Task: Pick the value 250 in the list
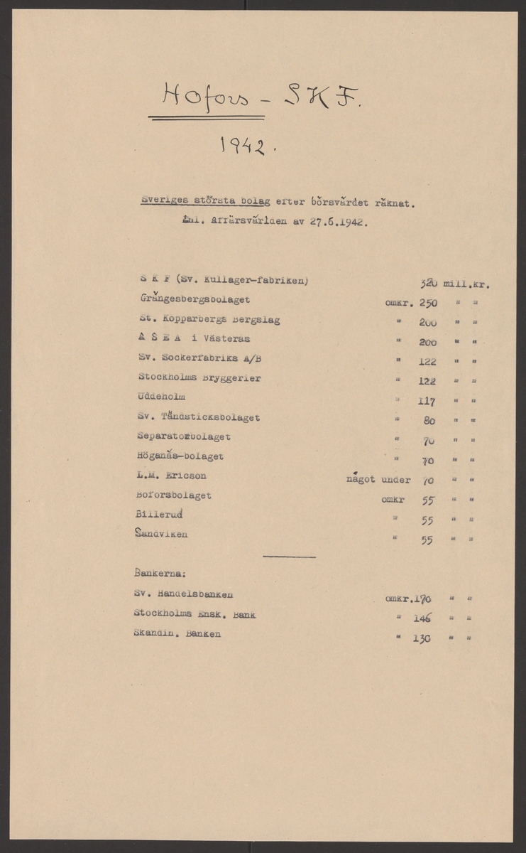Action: (428, 302)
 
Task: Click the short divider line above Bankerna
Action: (289, 556)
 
